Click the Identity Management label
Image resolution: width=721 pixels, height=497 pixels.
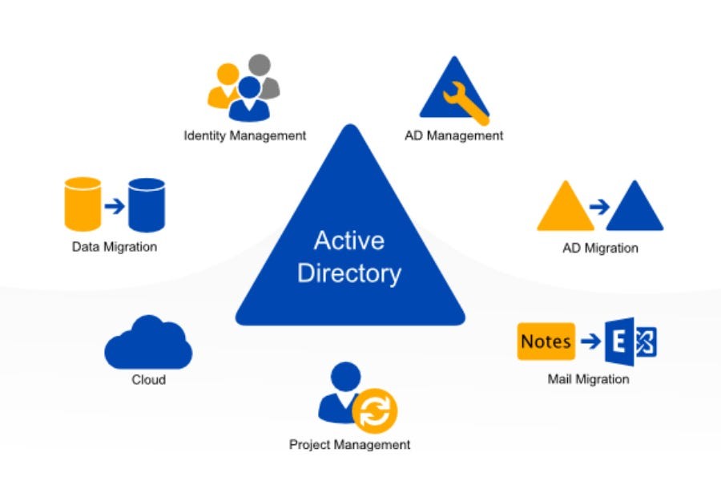(244, 135)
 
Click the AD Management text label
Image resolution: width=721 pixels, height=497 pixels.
(454, 135)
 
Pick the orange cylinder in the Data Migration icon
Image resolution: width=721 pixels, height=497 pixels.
(83, 203)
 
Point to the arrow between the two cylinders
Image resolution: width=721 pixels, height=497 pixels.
(115, 206)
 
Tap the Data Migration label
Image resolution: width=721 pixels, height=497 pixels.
(115, 247)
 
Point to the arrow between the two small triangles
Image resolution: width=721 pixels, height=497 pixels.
(598, 207)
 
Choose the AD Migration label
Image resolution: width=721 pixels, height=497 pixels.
(600, 248)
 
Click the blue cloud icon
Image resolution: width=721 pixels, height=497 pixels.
(148, 344)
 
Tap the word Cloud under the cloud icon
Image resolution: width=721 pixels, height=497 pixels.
(148, 379)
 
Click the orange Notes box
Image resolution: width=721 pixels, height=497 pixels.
(546, 341)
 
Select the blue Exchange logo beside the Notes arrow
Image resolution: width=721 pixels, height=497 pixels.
(631, 341)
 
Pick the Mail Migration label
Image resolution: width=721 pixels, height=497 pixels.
(588, 379)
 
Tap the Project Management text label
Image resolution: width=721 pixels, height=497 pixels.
(349, 444)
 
